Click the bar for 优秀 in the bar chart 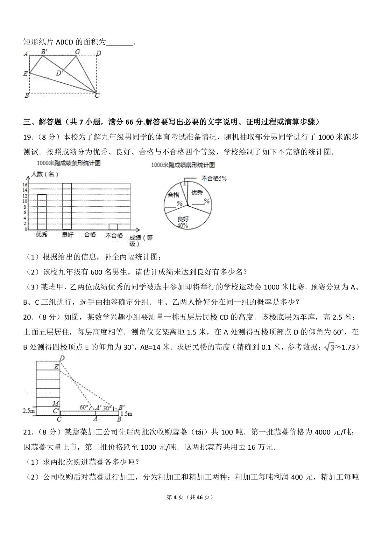(x=42, y=212)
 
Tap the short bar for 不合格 (x=113, y=227)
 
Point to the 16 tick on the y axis (x=25, y=185)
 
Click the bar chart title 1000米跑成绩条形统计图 (x=69, y=163)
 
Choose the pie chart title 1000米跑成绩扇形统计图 (x=183, y=165)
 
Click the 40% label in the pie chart (x=182, y=225)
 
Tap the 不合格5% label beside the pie (x=214, y=179)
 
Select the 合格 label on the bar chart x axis (x=90, y=235)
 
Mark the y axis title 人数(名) (x=45, y=174)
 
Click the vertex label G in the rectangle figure (x=77, y=52)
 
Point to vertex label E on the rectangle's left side (x=25, y=74)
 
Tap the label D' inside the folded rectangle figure (x=59, y=73)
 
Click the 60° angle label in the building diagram (x=84, y=407)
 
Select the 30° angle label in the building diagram (x=108, y=407)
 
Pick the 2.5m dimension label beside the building (x=29, y=411)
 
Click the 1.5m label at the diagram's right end (x=127, y=414)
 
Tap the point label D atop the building (x=62, y=358)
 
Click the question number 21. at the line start (x=29, y=432)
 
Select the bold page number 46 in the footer (x=200, y=497)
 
